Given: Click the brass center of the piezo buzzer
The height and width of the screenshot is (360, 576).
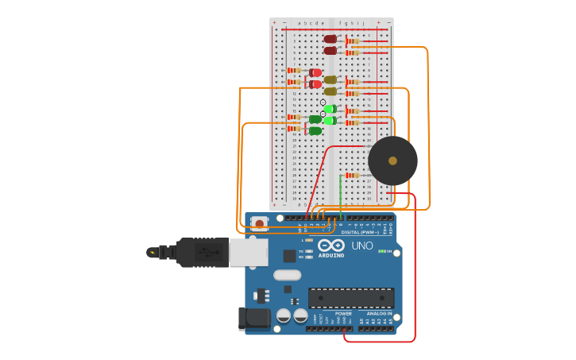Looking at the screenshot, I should pos(392,161).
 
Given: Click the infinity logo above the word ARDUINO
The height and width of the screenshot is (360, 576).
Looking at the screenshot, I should pos(331,246).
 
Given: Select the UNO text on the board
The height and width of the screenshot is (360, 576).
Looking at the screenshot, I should pos(362,246).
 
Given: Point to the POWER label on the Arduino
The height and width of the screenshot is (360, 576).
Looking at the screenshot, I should pos(343,313).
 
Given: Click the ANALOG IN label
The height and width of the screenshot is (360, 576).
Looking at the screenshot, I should pos(379,313).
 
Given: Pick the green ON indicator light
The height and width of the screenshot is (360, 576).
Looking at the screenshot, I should pos(382,251).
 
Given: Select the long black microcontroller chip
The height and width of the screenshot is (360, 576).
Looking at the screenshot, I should pos(350,298).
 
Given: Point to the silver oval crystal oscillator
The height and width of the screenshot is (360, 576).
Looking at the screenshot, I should pos(288,276).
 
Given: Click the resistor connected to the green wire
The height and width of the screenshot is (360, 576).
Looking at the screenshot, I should pos(352,175).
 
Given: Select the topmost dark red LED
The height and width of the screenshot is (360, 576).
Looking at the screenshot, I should pos(331,39).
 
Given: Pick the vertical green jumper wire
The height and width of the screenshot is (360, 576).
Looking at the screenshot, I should pos(340,195).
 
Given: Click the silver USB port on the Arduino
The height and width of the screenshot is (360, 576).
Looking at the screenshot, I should pos(249,252).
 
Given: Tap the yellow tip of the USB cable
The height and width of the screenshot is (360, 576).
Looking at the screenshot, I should pos(152,253).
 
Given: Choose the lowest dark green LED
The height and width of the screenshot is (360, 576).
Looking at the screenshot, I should pos(315,131).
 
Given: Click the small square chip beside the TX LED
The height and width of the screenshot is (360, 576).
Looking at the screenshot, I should pos(289,256).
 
